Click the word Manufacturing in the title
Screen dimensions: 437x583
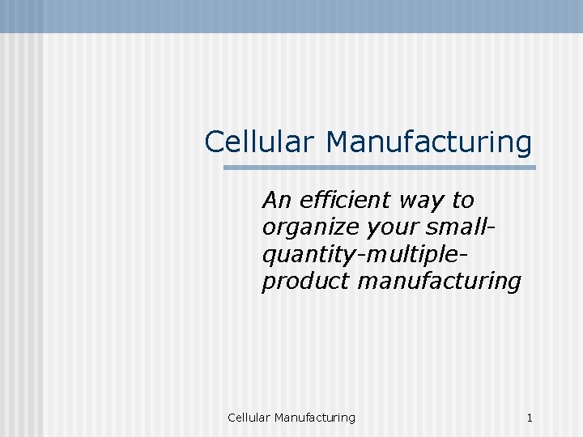pyautogui.click(x=429, y=142)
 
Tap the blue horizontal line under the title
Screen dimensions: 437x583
pyautogui.click(x=380, y=168)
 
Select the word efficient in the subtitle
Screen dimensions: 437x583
pyautogui.click(x=348, y=199)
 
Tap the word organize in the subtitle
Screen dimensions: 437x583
pyautogui.click(x=311, y=228)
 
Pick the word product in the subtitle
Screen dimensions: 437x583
pyautogui.click(x=305, y=282)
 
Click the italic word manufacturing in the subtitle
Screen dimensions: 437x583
pyautogui.click(x=439, y=282)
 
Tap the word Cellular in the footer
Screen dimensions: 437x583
pyautogui.click(x=249, y=418)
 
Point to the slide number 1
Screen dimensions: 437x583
pyautogui.click(x=530, y=418)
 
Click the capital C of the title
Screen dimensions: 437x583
pyautogui.click(x=215, y=142)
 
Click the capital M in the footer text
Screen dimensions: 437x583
pyautogui.click(x=279, y=418)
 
